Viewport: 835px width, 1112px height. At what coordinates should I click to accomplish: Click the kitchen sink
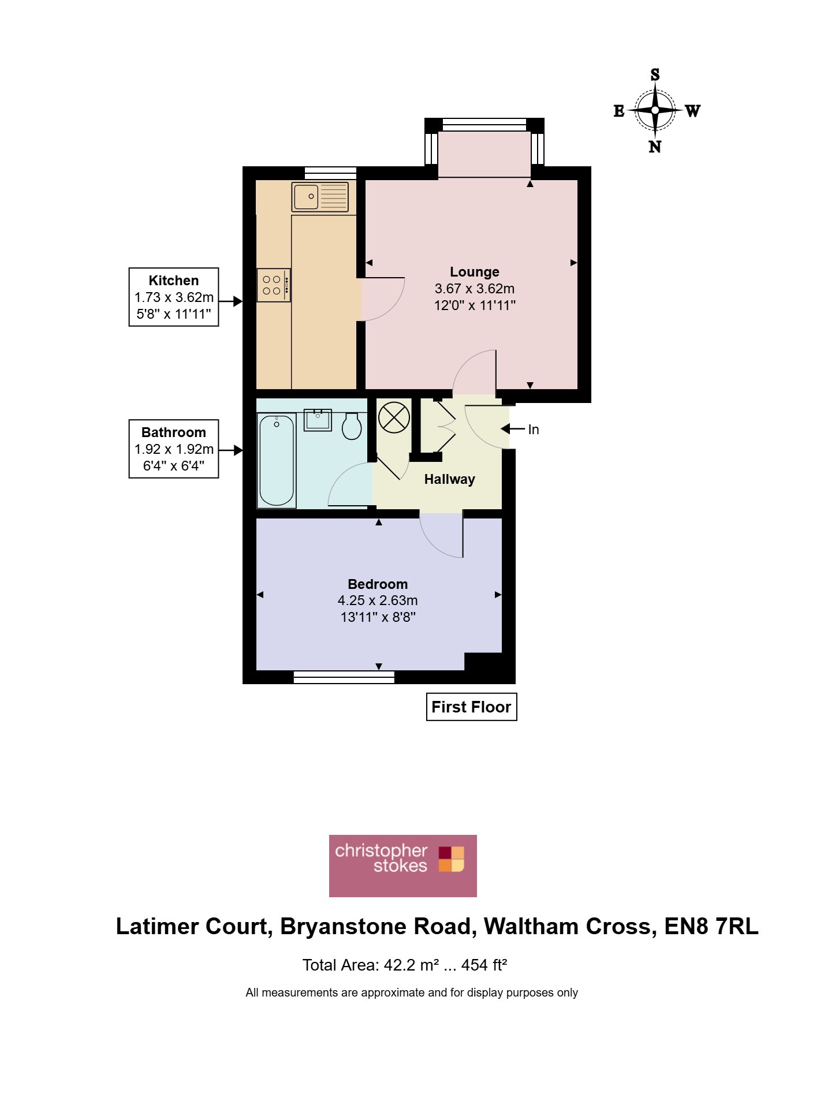pos(320,197)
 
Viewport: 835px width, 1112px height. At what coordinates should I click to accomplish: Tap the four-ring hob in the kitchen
pos(274,285)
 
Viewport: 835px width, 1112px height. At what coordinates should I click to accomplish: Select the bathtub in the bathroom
pos(277,460)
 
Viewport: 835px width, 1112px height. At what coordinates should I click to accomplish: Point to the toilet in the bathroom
pos(352,426)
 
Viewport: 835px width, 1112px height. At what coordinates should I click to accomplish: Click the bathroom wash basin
pos(318,420)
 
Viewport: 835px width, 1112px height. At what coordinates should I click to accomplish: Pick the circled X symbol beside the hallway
pos(394,417)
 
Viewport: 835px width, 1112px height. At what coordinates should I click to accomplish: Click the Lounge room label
pos(475,272)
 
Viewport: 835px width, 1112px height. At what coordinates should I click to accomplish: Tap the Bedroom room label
pos(378,584)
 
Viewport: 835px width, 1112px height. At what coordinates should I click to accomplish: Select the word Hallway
pos(450,479)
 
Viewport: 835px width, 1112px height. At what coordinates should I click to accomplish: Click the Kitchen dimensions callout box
pos(174,297)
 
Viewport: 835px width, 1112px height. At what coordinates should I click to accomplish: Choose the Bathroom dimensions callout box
pos(174,449)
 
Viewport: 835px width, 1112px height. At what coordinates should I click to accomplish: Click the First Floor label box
pos(471,707)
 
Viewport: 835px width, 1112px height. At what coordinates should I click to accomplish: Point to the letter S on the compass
pos(655,74)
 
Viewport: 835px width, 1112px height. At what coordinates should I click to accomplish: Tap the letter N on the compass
pos(655,147)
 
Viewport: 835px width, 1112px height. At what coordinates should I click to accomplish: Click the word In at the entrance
pos(534,430)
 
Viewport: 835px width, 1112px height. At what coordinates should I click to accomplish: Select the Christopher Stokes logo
pos(403,866)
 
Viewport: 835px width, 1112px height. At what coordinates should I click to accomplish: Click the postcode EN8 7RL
pos(711,927)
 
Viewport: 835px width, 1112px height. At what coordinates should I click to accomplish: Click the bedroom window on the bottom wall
pos(344,677)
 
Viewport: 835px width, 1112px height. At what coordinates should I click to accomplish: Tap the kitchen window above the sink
pos(330,173)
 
